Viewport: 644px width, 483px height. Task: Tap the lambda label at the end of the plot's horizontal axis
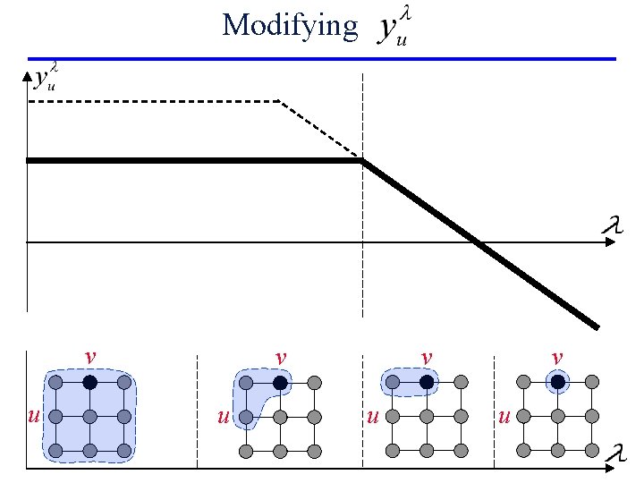pos(611,225)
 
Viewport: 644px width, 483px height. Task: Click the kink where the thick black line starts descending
pos(362,161)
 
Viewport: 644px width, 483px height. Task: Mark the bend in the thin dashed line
pos(280,103)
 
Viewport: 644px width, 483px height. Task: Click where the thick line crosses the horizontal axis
pos(479,241)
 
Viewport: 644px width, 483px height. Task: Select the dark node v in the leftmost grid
pos(89,383)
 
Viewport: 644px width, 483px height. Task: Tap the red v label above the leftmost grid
pos(89,357)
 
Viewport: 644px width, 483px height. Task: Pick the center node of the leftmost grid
pos(89,417)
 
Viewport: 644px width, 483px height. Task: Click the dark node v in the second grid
pos(280,383)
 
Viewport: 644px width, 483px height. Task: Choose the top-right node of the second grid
pos(314,383)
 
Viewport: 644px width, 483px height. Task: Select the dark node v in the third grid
pos(427,383)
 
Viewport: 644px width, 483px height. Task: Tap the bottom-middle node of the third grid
pos(427,450)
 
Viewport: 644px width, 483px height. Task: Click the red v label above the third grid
pos(427,357)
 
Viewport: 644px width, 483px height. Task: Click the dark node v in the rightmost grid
pos(558,383)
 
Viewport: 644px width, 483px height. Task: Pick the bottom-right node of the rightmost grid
pos(591,450)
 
